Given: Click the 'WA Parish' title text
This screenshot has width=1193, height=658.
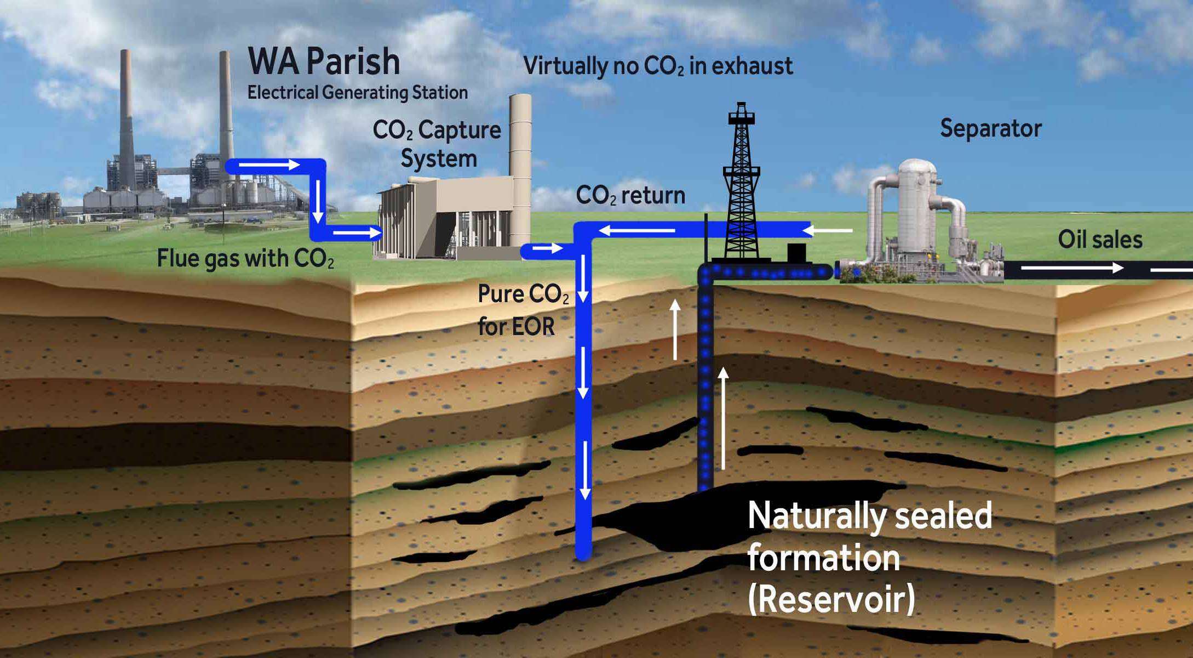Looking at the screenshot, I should point(324,61).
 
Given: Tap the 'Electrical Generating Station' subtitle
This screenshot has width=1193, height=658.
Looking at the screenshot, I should point(357,93).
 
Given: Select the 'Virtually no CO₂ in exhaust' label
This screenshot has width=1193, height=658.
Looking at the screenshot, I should point(657,66).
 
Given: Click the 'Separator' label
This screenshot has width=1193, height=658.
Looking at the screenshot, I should point(990,129).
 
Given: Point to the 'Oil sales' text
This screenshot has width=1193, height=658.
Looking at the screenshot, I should point(1100,240).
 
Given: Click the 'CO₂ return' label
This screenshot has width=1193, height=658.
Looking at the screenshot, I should point(630,196).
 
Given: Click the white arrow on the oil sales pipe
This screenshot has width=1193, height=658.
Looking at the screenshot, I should point(1072,268).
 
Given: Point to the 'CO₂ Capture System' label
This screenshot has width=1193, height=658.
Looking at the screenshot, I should point(437,144).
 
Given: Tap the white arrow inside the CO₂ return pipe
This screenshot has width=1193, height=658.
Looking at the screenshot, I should point(638,230).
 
